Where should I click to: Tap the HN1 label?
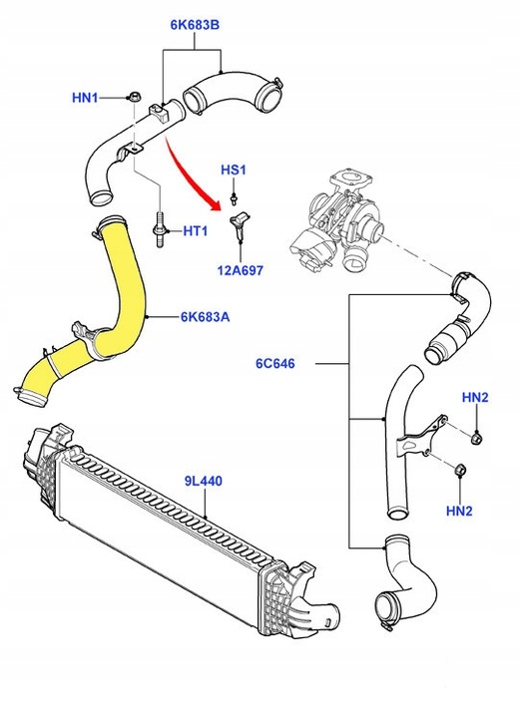point(86,98)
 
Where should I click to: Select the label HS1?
point(232,171)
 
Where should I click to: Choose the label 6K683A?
point(206,318)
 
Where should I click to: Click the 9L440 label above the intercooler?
point(204,481)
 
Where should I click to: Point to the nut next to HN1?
point(132,98)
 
